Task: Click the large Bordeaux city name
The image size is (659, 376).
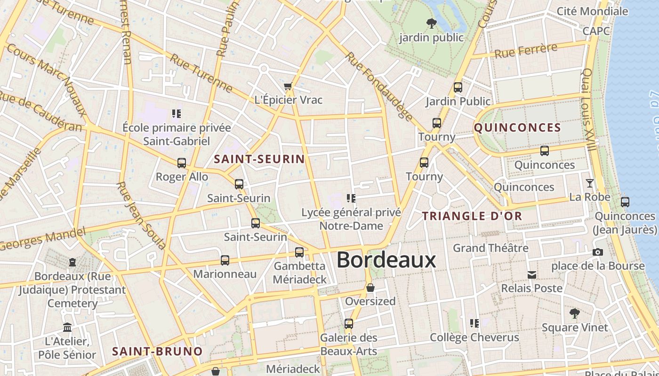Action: click(386, 260)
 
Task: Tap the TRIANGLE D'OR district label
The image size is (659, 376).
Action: click(472, 216)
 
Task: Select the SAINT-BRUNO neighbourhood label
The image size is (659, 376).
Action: click(157, 351)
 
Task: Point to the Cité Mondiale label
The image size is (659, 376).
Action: click(592, 11)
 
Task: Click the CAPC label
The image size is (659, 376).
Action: click(596, 31)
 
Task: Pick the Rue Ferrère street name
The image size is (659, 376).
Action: click(526, 50)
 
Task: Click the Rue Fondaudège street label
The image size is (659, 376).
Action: click(379, 86)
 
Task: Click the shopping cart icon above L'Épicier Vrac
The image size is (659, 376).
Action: click(288, 86)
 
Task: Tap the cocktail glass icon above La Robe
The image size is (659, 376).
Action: click(589, 183)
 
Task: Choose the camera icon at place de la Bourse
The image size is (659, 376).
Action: click(598, 252)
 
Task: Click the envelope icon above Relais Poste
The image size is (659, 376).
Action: click(532, 274)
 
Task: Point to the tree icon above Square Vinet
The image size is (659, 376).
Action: click(574, 313)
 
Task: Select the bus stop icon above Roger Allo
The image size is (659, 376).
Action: click(182, 163)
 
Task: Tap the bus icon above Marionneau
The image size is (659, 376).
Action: click(225, 260)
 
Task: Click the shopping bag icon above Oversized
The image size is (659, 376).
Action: click(370, 288)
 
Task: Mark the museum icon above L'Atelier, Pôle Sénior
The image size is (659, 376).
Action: click(67, 327)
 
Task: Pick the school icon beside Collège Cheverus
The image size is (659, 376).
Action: click(474, 323)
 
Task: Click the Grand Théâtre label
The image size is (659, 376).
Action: click(490, 248)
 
